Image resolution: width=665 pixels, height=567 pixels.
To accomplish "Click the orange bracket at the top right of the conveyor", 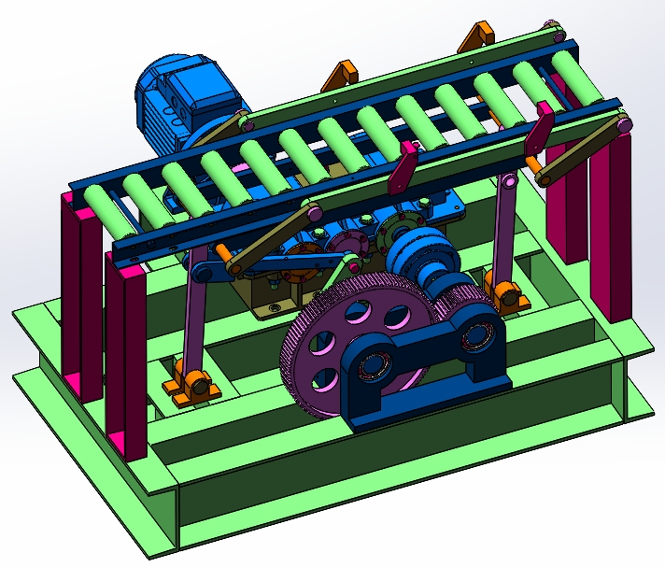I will (476, 36).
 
